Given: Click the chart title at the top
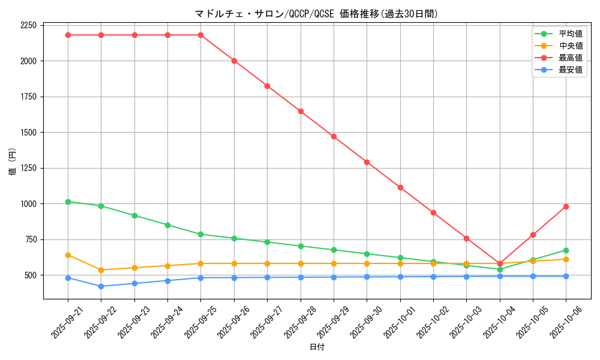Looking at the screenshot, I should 317,14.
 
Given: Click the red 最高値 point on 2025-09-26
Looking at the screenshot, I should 234,61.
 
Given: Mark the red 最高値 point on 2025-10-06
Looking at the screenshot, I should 566,206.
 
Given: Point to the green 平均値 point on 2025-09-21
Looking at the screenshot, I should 68,202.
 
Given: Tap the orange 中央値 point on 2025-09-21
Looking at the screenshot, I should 68,255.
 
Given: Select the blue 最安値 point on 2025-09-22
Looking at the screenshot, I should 101,286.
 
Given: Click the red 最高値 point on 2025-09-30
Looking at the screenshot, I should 367,162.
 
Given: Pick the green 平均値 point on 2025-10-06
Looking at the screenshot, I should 566,250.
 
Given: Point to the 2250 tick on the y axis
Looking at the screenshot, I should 28,25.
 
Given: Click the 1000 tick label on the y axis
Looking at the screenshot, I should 28,204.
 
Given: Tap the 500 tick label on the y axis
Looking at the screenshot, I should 30,275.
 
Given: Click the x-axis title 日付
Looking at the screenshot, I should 317,347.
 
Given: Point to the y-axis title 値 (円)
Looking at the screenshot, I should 13,162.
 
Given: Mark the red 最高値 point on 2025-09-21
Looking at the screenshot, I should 68,35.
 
